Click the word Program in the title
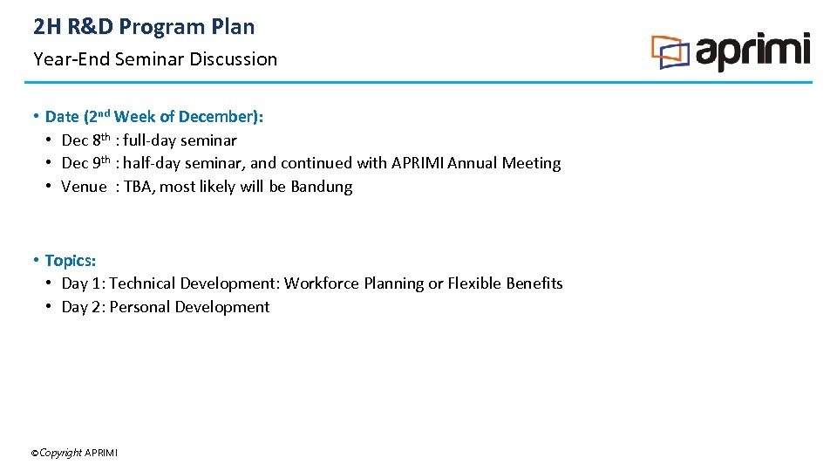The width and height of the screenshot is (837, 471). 160,27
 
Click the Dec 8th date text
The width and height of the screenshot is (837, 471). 85,140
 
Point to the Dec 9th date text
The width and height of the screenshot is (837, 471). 85,163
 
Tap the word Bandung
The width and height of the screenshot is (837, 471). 322,187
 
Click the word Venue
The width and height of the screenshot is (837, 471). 84,187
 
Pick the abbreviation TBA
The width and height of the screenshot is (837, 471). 137,187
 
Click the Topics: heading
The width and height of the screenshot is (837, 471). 71,261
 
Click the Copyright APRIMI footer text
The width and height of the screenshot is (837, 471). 74,453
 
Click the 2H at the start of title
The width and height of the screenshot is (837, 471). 46,27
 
